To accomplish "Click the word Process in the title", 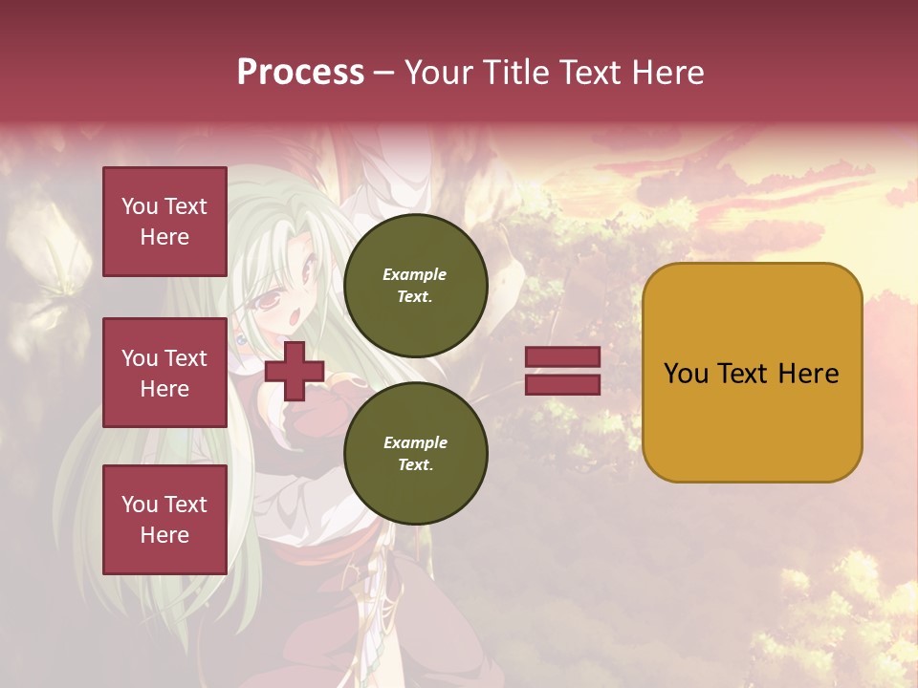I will click(300, 73).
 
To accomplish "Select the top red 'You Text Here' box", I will click(164, 222).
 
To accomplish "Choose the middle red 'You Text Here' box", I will click(164, 373).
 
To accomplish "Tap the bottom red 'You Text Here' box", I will click(164, 519).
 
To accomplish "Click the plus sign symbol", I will click(295, 371).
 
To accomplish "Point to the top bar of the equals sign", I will click(562, 357).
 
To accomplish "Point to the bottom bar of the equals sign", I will click(562, 384).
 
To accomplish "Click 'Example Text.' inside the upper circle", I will click(415, 285).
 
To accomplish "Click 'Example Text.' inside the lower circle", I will click(415, 454).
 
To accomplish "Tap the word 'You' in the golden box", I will click(686, 374).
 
